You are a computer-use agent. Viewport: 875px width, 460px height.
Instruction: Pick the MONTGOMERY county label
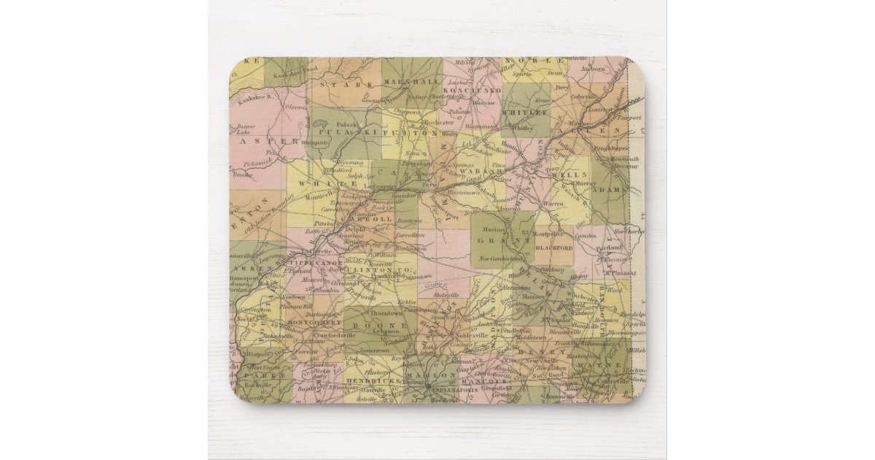(x=310, y=322)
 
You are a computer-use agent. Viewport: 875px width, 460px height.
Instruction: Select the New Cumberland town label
(x=502, y=259)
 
